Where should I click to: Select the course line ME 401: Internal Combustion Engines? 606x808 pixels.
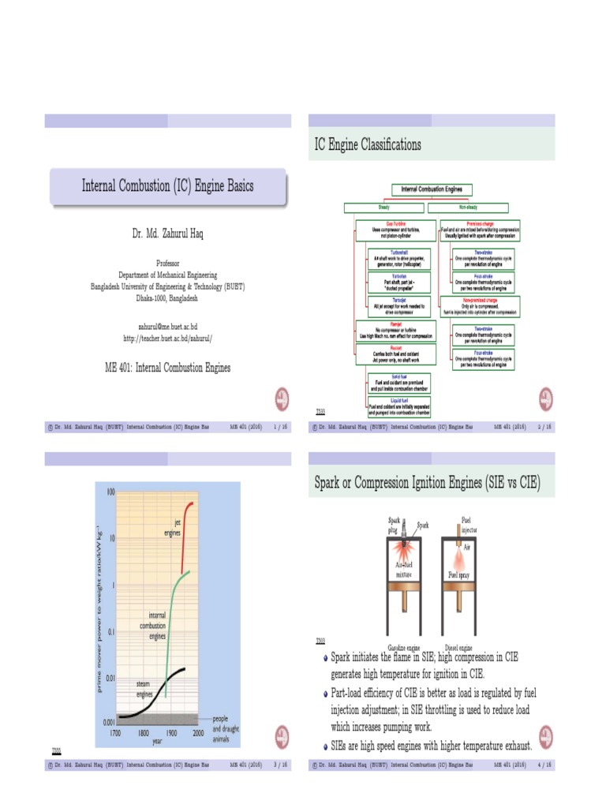click(x=167, y=367)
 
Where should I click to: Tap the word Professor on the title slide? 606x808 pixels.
click(x=167, y=263)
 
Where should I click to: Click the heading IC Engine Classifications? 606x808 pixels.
click(x=368, y=144)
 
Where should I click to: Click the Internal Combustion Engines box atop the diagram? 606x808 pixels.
click(x=432, y=189)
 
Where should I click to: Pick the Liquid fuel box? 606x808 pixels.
click(x=399, y=407)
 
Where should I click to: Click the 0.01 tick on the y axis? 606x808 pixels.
click(x=111, y=677)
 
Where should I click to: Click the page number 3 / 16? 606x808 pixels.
click(x=279, y=765)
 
